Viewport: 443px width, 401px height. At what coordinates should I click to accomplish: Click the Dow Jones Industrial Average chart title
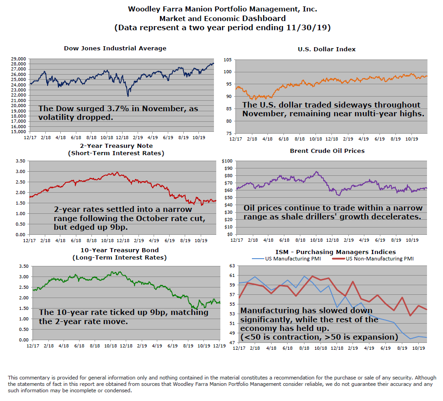(115, 48)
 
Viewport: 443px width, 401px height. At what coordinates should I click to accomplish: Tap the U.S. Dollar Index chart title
(326, 49)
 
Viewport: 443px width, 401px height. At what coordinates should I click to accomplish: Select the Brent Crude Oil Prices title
(327, 150)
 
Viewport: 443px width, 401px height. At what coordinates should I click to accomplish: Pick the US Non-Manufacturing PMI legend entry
(379, 259)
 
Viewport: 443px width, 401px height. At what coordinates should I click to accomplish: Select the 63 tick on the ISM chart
(231, 265)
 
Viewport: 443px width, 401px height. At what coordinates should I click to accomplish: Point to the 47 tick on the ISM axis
(231, 343)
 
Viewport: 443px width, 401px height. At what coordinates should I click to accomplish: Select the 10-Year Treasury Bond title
(119, 250)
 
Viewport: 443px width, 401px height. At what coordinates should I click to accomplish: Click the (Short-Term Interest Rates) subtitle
(116, 153)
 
